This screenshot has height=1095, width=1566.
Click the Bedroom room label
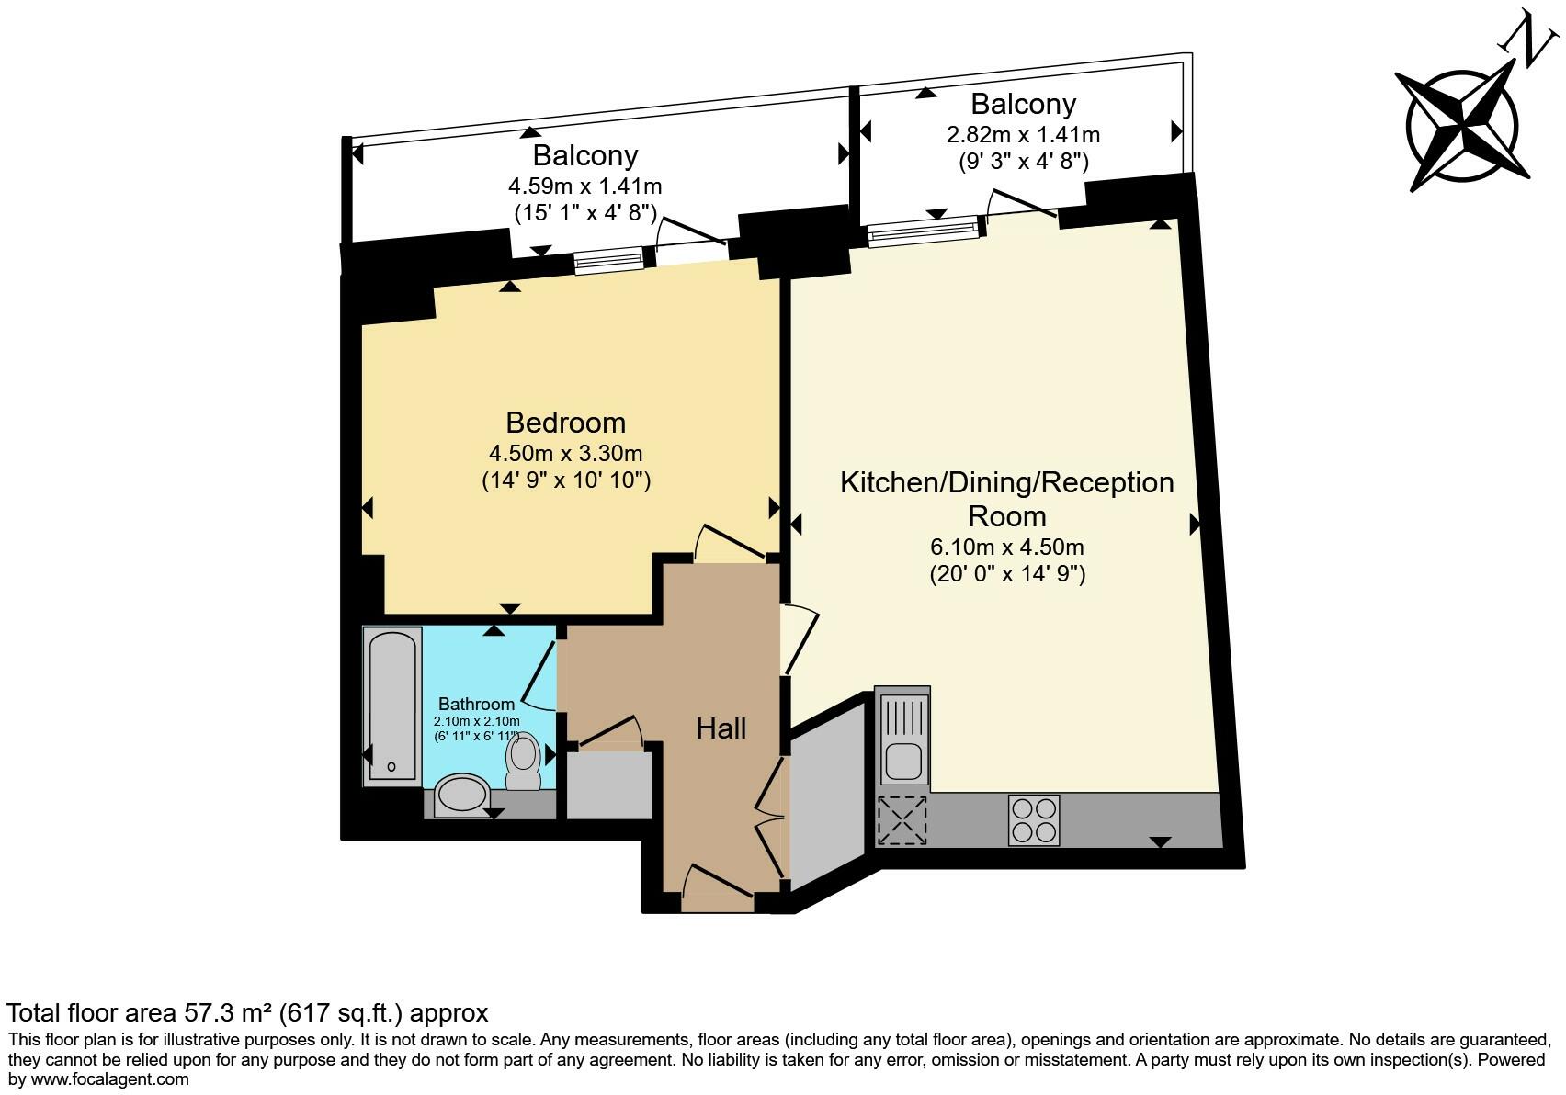(565, 423)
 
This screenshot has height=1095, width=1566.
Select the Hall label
(721, 728)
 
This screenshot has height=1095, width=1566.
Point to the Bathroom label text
(476, 705)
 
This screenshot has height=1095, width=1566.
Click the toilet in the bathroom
(524, 761)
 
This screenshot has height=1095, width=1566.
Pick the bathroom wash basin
(462, 796)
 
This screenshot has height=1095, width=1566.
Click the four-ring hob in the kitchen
(1034, 819)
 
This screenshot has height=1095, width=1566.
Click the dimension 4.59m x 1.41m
(584, 186)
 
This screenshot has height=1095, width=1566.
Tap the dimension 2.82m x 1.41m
(1023, 135)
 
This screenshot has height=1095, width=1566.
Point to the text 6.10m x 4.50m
(1006, 547)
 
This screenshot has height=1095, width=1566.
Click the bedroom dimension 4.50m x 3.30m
(565, 453)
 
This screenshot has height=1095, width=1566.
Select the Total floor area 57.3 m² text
(246, 1013)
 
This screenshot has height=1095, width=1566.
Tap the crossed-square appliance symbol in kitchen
(902, 819)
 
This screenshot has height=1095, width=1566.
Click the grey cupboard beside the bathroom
(608, 786)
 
